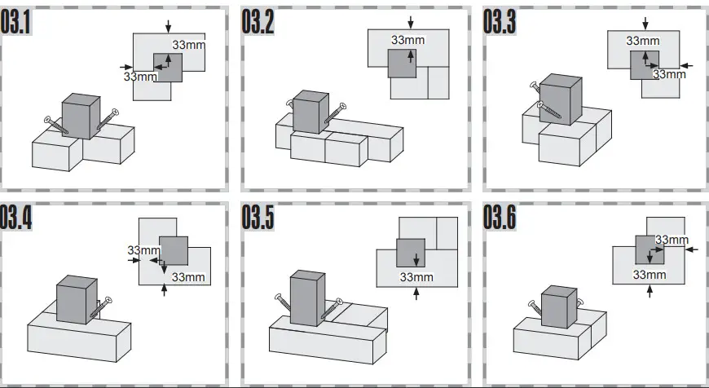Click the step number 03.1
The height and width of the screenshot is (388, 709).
[16, 24]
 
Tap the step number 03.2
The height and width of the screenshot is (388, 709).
[258, 24]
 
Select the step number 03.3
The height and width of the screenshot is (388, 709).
[500, 24]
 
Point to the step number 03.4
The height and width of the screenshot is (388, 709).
[16, 218]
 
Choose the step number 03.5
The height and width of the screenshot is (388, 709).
[258, 218]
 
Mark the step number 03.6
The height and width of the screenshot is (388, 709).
[500, 218]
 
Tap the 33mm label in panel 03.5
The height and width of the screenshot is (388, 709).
[416, 277]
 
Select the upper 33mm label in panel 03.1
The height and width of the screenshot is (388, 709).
[189, 44]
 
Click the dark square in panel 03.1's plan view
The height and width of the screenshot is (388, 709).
[168, 67]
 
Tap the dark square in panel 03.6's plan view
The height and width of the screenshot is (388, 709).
[650, 249]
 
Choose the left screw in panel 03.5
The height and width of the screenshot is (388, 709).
[281, 306]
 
